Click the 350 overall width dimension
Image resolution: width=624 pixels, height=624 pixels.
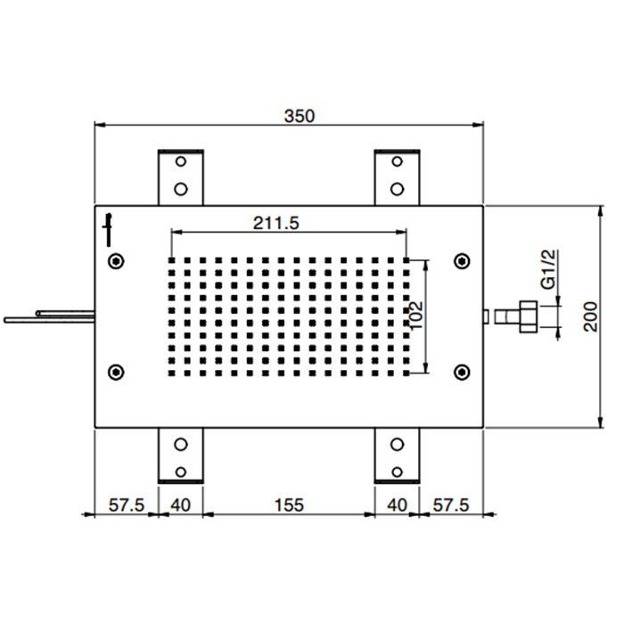coord(299,116)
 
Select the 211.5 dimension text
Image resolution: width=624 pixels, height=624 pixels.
coord(275,224)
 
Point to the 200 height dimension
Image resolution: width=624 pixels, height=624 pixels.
coord(590,316)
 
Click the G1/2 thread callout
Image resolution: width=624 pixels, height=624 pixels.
coord(549,270)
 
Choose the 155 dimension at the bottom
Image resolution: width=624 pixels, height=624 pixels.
coord(287,505)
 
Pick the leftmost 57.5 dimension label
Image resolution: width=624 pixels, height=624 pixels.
coord(127,505)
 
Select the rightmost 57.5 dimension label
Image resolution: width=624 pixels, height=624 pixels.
coord(450,505)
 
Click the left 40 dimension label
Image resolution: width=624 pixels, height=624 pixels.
coord(180,505)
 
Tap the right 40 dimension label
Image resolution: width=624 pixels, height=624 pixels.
coord(397,505)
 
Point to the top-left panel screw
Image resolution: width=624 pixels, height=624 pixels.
coord(115,261)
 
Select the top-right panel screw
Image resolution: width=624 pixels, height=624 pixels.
coord(461,261)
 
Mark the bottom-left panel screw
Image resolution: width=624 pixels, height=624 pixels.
coord(115,371)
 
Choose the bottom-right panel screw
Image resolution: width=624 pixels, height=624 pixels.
coord(461,371)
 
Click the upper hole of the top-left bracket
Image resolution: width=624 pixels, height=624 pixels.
coord(181,163)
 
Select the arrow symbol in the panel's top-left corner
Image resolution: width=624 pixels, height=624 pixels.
coord(109,227)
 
